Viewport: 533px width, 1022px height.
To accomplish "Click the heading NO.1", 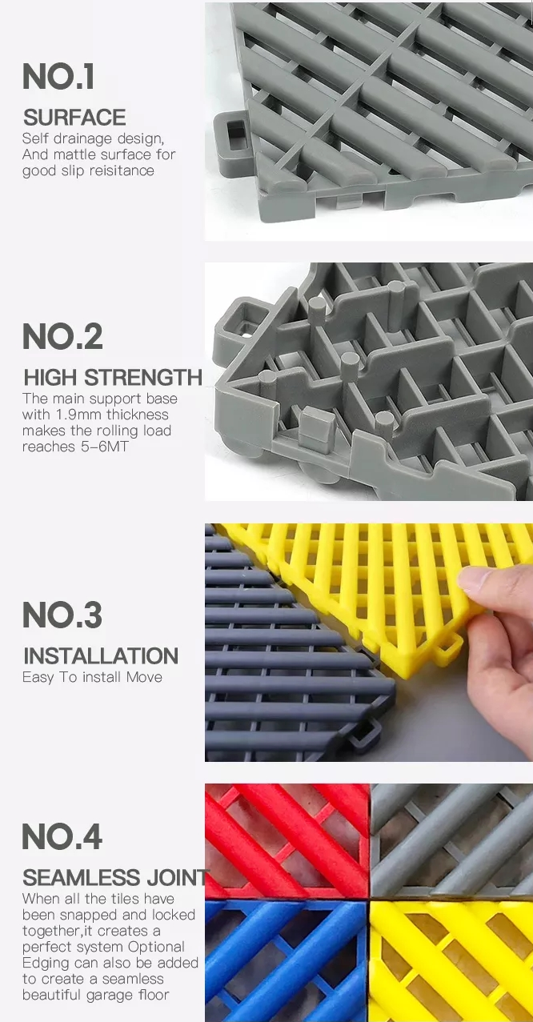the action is pos(58,76).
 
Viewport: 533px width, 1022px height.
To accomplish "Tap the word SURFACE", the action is pos(74,118).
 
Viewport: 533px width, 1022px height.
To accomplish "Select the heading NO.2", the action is pos(62,336).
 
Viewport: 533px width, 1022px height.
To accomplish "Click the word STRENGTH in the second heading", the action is pos(143,377).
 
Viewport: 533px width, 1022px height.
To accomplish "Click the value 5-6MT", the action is pos(105,447).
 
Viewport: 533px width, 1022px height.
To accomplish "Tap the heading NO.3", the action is pos(62,615).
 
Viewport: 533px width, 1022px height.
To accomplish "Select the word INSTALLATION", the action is pos(101,655).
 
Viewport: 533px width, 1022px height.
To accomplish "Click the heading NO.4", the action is pos(62,836).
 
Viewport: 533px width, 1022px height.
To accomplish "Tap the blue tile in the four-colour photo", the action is pos(287,961).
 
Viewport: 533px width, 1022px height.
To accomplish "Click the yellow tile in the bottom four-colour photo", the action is pos(451,961).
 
